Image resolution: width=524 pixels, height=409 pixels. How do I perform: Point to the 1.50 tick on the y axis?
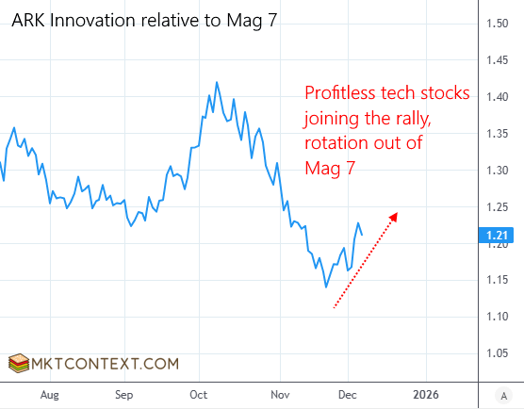(x=499, y=24)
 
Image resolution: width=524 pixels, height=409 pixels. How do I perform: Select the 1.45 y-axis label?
(x=499, y=60)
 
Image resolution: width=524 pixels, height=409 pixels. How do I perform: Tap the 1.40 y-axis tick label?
(x=499, y=97)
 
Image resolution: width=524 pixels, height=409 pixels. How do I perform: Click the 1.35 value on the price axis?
(x=499, y=134)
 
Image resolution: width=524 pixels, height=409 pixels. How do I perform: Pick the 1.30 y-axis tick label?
(x=499, y=171)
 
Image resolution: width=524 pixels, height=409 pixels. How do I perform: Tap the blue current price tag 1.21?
(x=499, y=234)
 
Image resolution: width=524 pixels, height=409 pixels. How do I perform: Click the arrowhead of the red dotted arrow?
(x=394, y=217)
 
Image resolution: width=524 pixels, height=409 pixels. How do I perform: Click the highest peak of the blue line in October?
(x=217, y=82)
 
